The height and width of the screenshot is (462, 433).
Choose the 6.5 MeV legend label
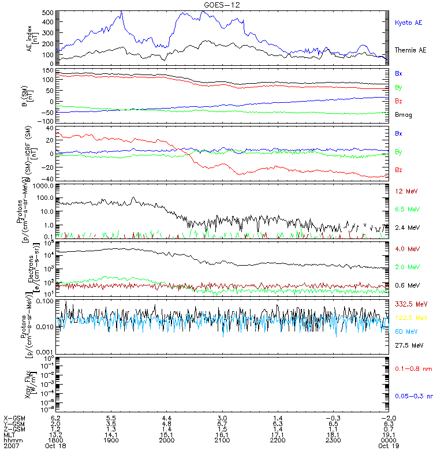coord(406,209)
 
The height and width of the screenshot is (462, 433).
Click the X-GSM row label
coord(14,416)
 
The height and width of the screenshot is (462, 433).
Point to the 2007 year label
coord(11,446)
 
